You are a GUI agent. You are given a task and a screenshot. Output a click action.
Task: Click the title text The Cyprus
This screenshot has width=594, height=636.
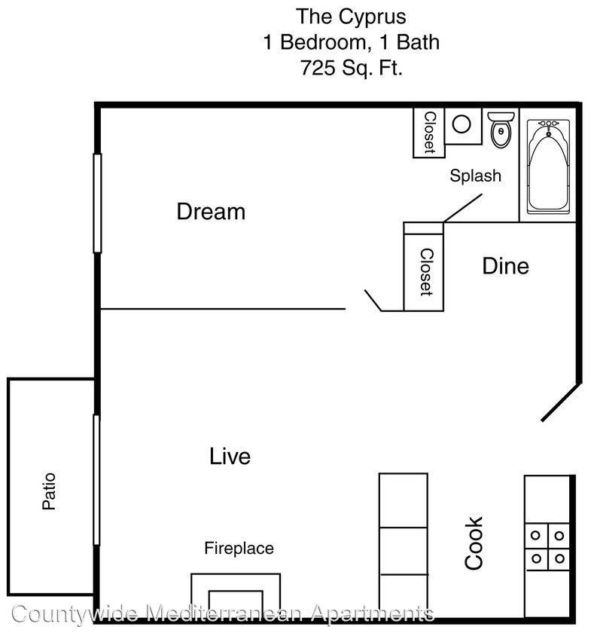(350, 15)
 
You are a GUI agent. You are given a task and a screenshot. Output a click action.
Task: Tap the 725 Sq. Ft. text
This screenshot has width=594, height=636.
(350, 68)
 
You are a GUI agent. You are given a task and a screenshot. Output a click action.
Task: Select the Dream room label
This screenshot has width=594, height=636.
(211, 212)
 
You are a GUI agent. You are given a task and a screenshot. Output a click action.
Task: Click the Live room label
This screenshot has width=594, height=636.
(230, 456)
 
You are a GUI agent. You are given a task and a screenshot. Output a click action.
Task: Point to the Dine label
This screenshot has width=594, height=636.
(505, 266)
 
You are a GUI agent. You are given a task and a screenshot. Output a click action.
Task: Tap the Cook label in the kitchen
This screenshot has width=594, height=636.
(474, 543)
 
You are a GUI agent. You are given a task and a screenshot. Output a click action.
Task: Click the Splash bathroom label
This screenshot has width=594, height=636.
(475, 176)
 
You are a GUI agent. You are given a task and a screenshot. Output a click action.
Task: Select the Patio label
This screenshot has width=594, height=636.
(50, 491)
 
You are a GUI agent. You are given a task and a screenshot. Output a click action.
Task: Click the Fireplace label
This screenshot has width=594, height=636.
(239, 548)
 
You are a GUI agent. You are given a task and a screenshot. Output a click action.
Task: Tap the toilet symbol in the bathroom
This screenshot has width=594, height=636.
(500, 130)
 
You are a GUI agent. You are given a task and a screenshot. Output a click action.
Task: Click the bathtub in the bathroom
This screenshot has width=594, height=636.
(549, 167)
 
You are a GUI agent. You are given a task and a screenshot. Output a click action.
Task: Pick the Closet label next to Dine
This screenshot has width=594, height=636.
(426, 271)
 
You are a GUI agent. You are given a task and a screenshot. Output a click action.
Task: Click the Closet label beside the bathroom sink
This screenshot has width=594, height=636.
(429, 133)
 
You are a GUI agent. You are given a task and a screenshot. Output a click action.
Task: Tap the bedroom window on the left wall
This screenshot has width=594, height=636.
(97, 203)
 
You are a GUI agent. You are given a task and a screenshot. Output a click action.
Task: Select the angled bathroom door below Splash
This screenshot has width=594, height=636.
(462, 208)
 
